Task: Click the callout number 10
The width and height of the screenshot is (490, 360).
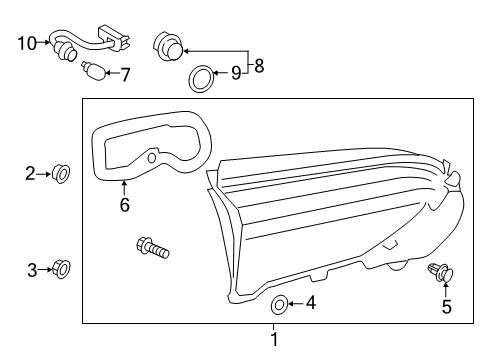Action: pos(27,44)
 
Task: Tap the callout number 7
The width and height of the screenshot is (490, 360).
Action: pos(125,75)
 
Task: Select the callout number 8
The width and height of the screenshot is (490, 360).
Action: pos(259,66)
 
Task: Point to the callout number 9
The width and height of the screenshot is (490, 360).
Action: pos(236,73)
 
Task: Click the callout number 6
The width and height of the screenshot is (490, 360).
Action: pos(125,205)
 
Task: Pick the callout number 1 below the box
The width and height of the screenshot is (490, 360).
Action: pos(274,340)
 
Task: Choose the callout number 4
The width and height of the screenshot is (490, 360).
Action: pos(311,303)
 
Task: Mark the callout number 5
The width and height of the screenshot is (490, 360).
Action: pos(447,307)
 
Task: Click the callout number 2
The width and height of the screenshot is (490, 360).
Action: pos(30,174)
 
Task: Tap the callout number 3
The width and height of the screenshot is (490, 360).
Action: pos(32,270)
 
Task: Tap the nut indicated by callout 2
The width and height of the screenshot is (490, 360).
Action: pos(61,174)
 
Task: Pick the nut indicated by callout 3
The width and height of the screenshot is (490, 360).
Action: pos(62,269)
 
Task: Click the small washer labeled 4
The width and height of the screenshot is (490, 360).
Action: pos(279,304)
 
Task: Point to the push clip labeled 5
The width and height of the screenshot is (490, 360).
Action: pos(441,272)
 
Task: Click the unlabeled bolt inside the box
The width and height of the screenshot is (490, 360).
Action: pos(153,248)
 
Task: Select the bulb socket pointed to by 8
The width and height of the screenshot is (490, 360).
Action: pos(168,46)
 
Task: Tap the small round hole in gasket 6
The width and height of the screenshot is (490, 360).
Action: pos(152,158)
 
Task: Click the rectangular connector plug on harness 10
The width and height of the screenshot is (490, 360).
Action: pos(114,37)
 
